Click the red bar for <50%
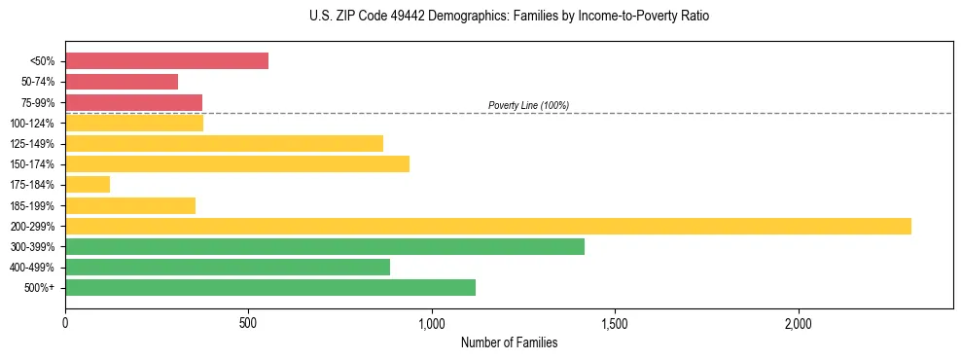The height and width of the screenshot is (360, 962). coord(166,61)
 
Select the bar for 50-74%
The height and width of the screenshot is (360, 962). coord(122,82)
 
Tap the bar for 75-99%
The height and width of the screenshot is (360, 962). coord(133,102)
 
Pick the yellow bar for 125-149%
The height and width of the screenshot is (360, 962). coord(224,143)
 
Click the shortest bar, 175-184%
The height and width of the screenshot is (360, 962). coord(88,184)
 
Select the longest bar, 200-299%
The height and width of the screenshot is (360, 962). coord(487,226)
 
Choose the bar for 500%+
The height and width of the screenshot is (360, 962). coord(269,287)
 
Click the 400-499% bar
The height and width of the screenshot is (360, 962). coord(227,267)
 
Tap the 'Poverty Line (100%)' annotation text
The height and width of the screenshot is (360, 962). coord(528,105)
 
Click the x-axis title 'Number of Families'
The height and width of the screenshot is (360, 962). coord(509,342)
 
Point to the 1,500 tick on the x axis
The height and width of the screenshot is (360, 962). coord(615,322)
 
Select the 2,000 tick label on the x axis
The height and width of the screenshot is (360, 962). coord(798,322)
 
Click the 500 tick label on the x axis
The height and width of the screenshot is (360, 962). coord(248,322)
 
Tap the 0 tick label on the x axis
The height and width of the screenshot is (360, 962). coord(65,322)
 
